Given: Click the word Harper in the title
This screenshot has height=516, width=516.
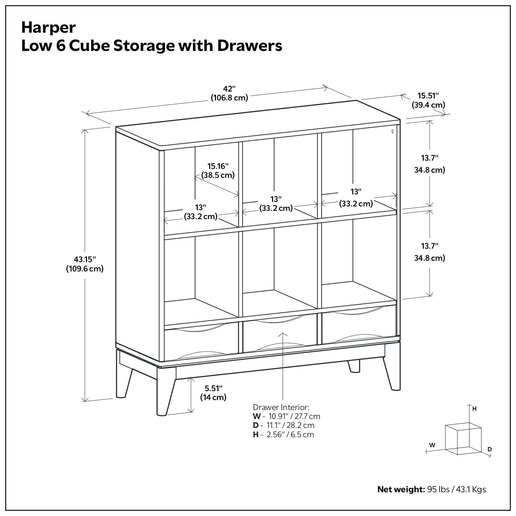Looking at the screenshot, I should (49, 28).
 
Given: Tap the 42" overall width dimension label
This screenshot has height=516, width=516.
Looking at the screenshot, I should (229, 89).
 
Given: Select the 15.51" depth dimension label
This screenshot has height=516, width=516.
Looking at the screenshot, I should (428, 96).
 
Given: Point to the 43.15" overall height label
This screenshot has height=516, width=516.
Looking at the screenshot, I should (85, 259).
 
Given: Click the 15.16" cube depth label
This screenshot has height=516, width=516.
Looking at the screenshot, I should (218, 166).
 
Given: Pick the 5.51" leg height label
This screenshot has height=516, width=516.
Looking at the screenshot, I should (213, 388).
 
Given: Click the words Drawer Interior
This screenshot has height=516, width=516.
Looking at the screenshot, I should (281, 407).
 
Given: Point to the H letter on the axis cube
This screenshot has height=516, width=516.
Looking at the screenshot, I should (474, 409).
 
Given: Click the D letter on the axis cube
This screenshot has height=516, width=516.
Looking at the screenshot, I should (490, 449).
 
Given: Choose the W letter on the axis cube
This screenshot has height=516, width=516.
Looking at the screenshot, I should (432, 445).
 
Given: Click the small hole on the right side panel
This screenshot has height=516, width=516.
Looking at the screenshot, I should (393, 131).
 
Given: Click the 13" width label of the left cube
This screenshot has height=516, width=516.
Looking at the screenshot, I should (201, 207).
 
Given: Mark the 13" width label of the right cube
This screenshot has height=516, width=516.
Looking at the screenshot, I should (356, 191).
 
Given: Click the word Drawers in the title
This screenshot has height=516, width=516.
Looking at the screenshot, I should (249, 46).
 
